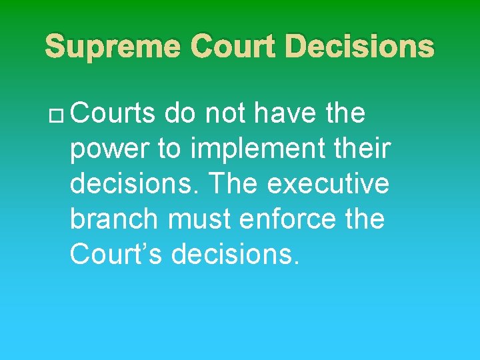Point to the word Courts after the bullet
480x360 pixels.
tap(113, 114)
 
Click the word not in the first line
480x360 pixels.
tap(227, 114)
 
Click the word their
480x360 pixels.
tap(366, 149)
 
